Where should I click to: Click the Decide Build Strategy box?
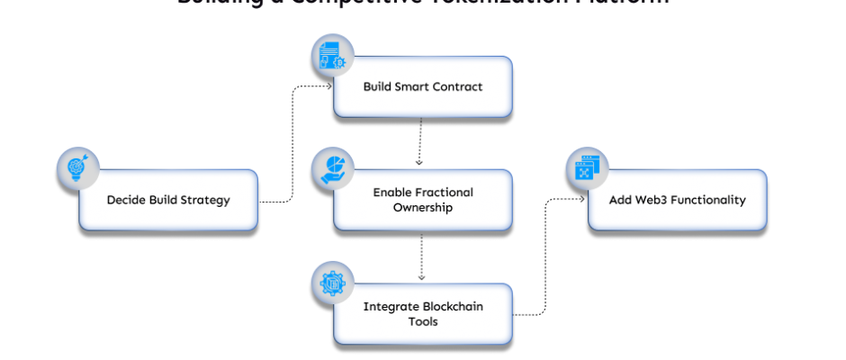pos(168,200)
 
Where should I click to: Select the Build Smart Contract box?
pos(422,86)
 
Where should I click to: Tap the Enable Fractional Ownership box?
pos(422,200)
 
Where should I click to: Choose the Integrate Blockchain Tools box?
pos(422,313)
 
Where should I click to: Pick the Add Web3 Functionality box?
pos(677,200)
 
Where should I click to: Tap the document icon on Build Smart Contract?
pos(332,56)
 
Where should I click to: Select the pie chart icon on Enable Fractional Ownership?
pos(332,169)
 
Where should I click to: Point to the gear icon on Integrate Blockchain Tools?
pos(332,283)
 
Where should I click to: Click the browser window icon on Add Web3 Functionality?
pos(587,169)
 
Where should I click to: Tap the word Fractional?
pos(436,193)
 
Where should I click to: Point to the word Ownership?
pos(422,208)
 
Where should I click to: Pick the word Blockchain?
pos(444,306)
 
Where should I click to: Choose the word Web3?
pos(653,200)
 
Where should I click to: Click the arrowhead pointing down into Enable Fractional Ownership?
pos(419,163)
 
